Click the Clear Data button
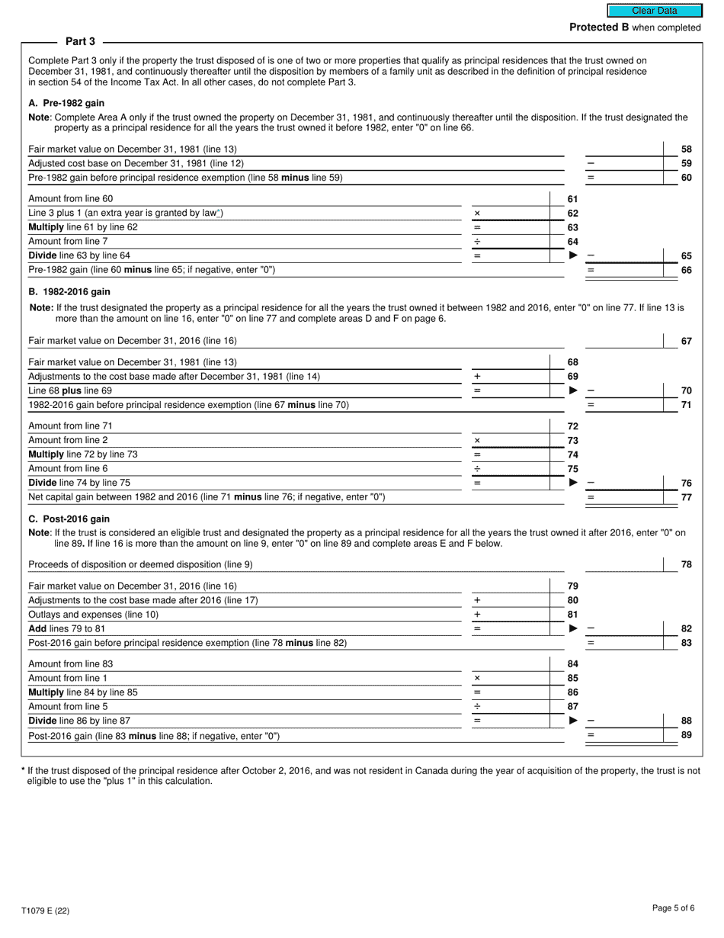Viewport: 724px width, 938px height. [654, 11]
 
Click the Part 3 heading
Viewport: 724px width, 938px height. [80, 41]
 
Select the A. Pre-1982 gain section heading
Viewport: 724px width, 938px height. [66, 103]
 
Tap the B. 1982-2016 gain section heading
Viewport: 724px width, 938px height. [69, 292]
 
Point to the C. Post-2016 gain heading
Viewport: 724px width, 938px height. [69, 519]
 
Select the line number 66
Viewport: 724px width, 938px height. [686, 270]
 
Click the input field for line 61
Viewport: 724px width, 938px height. [517, 199]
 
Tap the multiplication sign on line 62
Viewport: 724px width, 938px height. [477, 214]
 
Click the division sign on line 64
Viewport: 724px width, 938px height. [477, 242]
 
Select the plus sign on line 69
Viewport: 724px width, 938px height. [477, 377]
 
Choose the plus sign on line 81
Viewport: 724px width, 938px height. [477, 615]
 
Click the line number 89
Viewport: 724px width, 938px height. [686, 735]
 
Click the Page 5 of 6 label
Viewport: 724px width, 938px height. [673, 907]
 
